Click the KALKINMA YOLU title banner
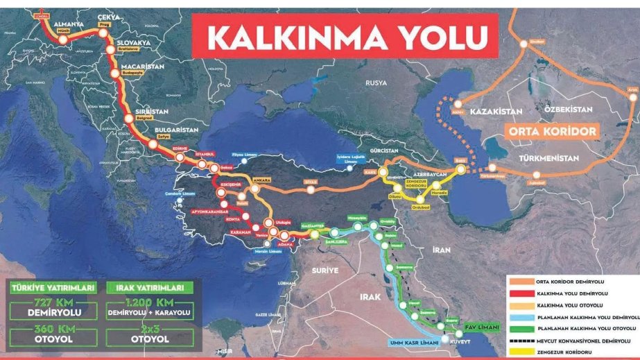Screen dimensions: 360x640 [344, 36]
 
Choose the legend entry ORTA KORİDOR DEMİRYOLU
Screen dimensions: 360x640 [568, 282]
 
